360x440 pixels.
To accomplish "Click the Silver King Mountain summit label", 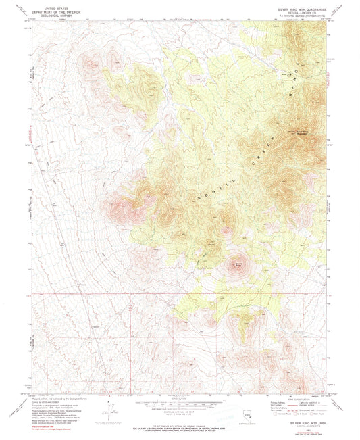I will [298, 131].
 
